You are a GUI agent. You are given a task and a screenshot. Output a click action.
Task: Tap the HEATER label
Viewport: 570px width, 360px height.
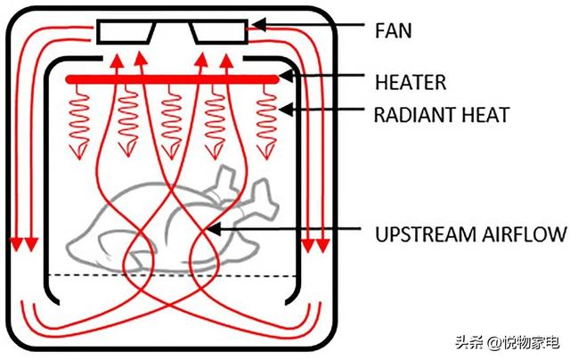411,82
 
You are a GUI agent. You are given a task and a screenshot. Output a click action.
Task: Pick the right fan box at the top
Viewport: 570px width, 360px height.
219,32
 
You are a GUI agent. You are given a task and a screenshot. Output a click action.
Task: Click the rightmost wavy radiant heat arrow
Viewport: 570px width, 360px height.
267,116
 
